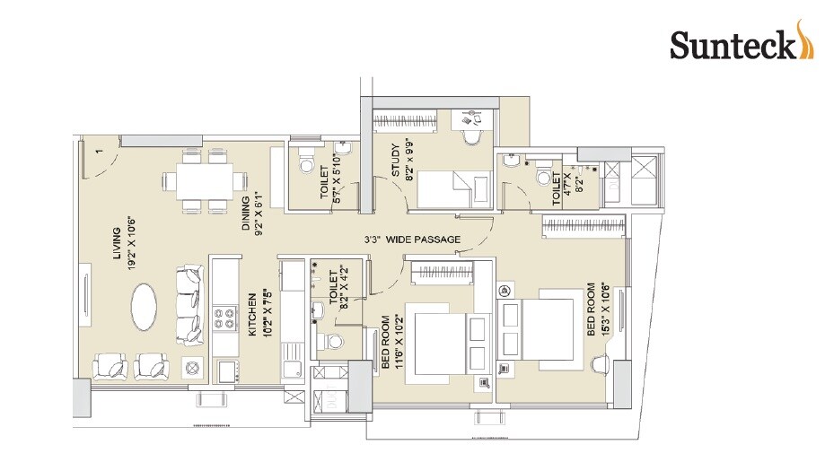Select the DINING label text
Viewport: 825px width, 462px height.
pyautogui.click(x=252, y=214)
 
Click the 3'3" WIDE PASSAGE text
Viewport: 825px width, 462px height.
pyautogui.click(x=412, y=240)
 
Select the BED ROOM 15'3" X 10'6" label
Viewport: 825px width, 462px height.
pyautogui.click(x=598, y=309)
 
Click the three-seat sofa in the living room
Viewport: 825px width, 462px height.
pyautogui.click(x=189, y=305)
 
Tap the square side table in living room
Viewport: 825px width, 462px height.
pyautogui.click(x=190, y=367)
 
